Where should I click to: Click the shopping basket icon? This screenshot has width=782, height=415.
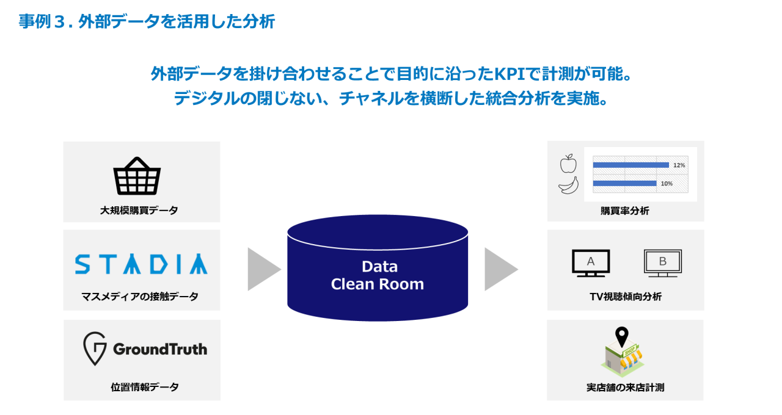tap(137, 176)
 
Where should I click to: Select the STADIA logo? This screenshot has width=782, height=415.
tap(141, 264)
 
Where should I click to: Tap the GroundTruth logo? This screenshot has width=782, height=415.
tap(145, 349)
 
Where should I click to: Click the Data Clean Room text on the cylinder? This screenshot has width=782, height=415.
tap(378, 275)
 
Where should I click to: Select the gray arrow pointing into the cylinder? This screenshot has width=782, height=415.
tap(263, 269)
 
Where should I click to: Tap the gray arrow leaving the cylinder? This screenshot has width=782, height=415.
tap(500, 269)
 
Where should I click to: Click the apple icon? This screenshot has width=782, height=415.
tap(568, 164)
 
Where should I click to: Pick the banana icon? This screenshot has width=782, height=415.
tap(568, 185)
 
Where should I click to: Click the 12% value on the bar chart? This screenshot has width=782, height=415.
tap(679, 165)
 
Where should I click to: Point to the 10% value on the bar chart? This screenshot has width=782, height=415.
tap(667, 183)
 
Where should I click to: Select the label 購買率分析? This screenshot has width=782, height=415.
tap(624, 211)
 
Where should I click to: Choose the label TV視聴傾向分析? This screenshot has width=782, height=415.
tap(625, 297)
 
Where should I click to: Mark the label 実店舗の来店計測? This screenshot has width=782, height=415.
tap(624, 388)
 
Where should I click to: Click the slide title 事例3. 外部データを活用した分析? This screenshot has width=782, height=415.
tap(147, 22)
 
